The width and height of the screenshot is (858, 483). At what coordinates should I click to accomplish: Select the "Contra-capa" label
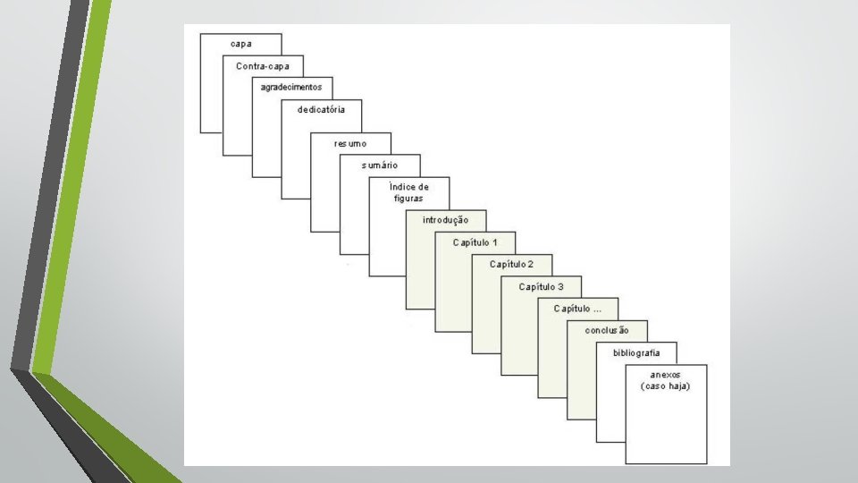[263, 66]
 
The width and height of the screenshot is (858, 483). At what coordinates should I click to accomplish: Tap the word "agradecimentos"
[291, 88]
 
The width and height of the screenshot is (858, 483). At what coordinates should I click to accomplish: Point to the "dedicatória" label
[321, 110]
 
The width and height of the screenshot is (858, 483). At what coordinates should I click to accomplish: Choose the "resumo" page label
[350, 143]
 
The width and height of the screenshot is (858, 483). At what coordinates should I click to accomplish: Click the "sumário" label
[380, 165]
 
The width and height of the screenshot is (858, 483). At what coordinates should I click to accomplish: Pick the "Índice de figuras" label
[408, 192]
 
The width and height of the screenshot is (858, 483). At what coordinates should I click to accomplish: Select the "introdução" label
[446, 220]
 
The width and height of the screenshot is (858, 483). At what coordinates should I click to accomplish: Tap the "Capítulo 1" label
[475, 242]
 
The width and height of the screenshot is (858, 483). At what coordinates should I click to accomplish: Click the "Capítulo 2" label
[512, 265]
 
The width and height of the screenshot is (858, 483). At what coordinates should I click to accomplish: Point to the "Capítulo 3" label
[542, 286]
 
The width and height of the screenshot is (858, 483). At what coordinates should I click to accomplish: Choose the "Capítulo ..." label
[577, 309]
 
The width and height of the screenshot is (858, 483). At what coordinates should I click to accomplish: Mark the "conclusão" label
[607, 331]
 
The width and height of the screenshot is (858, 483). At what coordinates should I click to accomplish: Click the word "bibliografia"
[636, 352]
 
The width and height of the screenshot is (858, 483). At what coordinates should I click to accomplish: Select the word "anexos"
[666, 375]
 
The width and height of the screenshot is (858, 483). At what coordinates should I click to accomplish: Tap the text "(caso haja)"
[666, 386]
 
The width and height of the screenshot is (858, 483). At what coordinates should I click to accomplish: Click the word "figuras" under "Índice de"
[408, 199]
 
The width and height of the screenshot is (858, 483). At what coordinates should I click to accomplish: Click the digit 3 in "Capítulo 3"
[560, 286]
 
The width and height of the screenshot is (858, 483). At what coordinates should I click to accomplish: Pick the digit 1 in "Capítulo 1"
[494, 242]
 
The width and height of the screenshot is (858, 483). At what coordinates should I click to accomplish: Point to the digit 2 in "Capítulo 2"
[531, 265]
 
